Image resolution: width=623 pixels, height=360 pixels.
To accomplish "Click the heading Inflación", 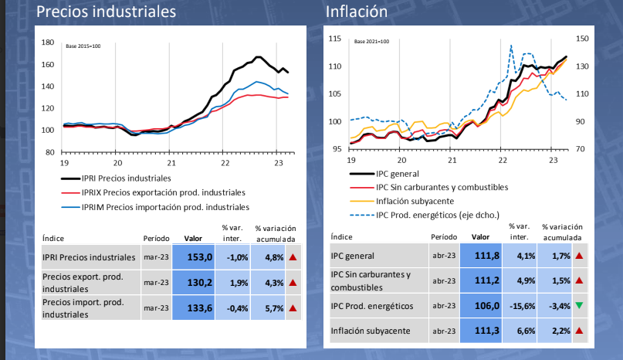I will pyautogui.click(x=357, y=12).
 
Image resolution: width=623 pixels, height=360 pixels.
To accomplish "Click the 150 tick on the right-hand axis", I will pyautogui.click(x=582, y=38).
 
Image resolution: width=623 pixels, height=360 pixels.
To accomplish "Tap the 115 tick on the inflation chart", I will pyautogui.click(x=334, y=39).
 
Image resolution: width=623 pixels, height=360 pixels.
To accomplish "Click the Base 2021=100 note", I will pyautogui.click(x=371, y=41).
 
